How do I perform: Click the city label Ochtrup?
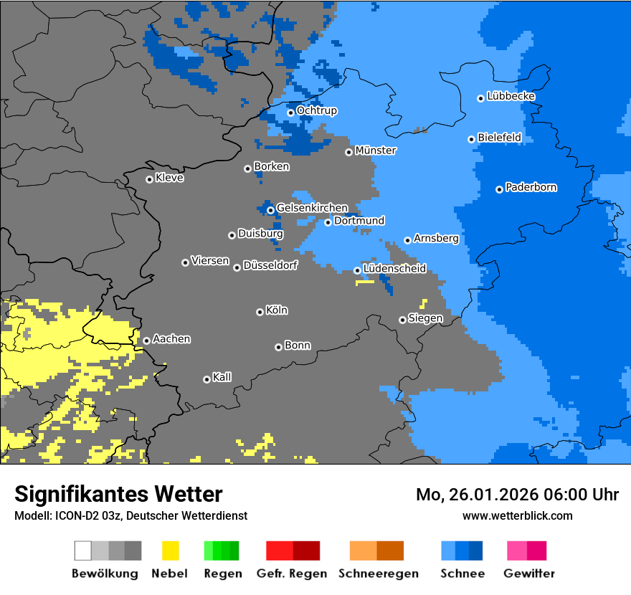tap(316, 111)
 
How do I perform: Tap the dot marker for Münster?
tap(348, 152)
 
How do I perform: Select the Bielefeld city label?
tap(499, 137)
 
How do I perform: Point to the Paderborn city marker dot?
tap(499, 189)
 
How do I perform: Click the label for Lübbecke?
tap(511, 96)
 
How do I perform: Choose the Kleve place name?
tap(169, 178)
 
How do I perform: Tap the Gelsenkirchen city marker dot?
tap(270, 210)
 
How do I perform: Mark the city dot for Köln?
tap(260, 312)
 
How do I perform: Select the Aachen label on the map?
tap(171, 339)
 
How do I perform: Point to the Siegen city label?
tap(425, 318)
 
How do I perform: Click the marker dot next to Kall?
tap(207, 379)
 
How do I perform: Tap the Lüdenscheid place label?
tap(394, 269)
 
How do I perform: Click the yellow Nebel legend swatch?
tap(170, 551)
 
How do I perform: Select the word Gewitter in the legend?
tap(529, 573)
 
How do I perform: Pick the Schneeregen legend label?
tap(377, 573)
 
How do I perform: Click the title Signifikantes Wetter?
tap(118, 494)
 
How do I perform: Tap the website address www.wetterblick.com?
tap(517, 515)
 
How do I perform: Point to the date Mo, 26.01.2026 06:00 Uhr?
tap(517, 495)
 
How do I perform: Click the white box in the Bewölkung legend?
tap(83, 551)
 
